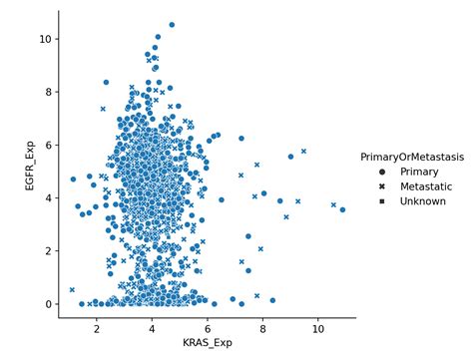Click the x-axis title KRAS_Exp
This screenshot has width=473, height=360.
[208, 343]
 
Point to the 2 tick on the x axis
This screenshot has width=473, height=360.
[97, 327]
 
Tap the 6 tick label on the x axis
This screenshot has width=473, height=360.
[208, 327]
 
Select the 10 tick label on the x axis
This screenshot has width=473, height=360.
[317, 327]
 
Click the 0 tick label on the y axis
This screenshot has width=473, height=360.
[46, 304]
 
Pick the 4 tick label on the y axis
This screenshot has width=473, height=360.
[46, 197]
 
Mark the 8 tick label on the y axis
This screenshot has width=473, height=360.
[46, 92]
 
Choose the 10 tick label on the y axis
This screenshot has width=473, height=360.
[43, 39]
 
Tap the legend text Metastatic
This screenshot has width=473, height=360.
[425, 186]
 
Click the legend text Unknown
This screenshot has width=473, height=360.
[422, 201]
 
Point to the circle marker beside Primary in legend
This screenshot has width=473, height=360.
[382, 171]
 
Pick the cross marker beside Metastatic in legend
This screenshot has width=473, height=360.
[382, 186]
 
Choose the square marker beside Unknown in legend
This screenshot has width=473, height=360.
[382, 201]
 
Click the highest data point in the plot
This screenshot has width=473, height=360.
[172, 25]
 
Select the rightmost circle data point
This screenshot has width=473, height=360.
[342, 209]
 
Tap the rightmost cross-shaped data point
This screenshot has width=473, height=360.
[333, 204]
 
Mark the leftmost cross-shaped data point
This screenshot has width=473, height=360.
[72, 289]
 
